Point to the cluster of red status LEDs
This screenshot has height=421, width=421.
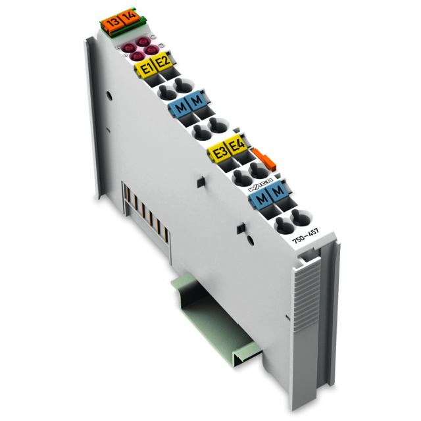point(139,48)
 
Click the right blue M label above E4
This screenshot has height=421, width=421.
point(197,103)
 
